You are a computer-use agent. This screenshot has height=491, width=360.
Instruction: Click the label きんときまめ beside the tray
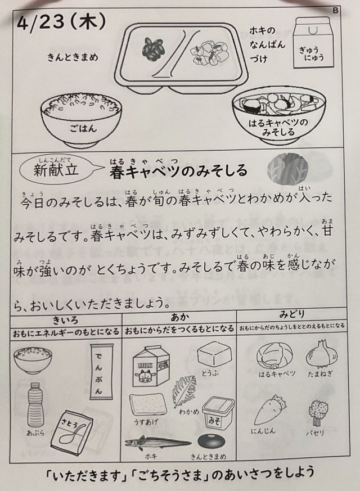(73, 57)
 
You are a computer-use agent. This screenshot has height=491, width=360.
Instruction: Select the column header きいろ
(66, 320)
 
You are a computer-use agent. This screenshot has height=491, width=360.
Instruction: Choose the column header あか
(180, 317)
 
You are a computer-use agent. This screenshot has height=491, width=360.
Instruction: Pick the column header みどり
(292, 314)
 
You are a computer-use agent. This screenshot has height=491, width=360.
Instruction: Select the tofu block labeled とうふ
(215, 355)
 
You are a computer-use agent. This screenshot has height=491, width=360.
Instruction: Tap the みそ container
(218, 413)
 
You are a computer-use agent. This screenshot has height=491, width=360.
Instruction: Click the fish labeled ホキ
(158, 443)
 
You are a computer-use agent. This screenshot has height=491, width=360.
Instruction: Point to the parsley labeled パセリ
(317, 413)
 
